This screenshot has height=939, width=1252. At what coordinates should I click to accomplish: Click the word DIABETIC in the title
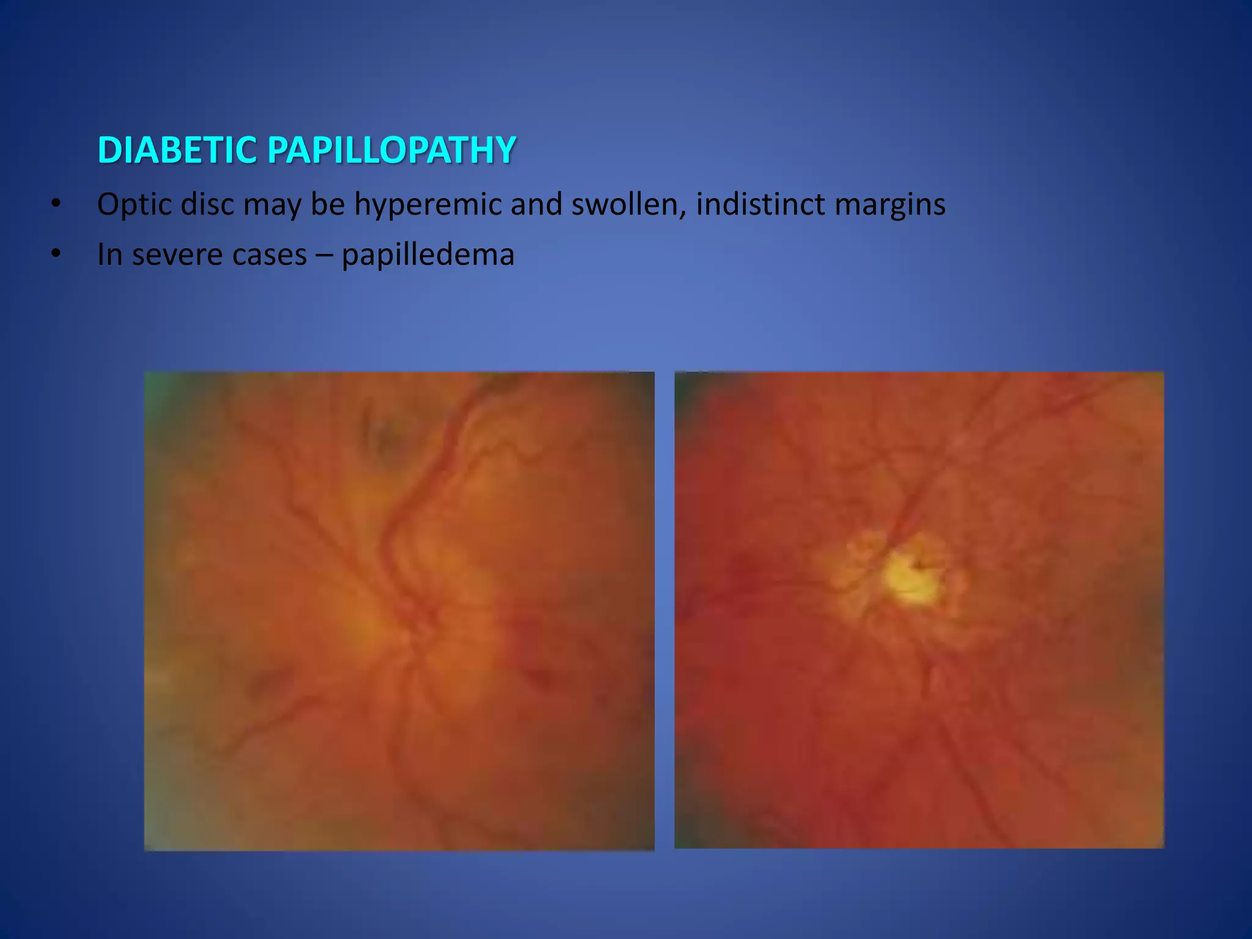(x=177, y=150)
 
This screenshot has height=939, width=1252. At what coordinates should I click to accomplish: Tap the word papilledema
(x=428, y=255)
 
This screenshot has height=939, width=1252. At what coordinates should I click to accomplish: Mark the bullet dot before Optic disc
(x=56, y=204)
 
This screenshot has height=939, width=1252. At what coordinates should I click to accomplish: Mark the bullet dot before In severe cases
(x=56, y=254)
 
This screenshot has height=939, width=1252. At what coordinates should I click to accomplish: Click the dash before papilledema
(x=324, y=255)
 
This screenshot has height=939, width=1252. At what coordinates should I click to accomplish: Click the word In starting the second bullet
(x=109, y=255)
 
